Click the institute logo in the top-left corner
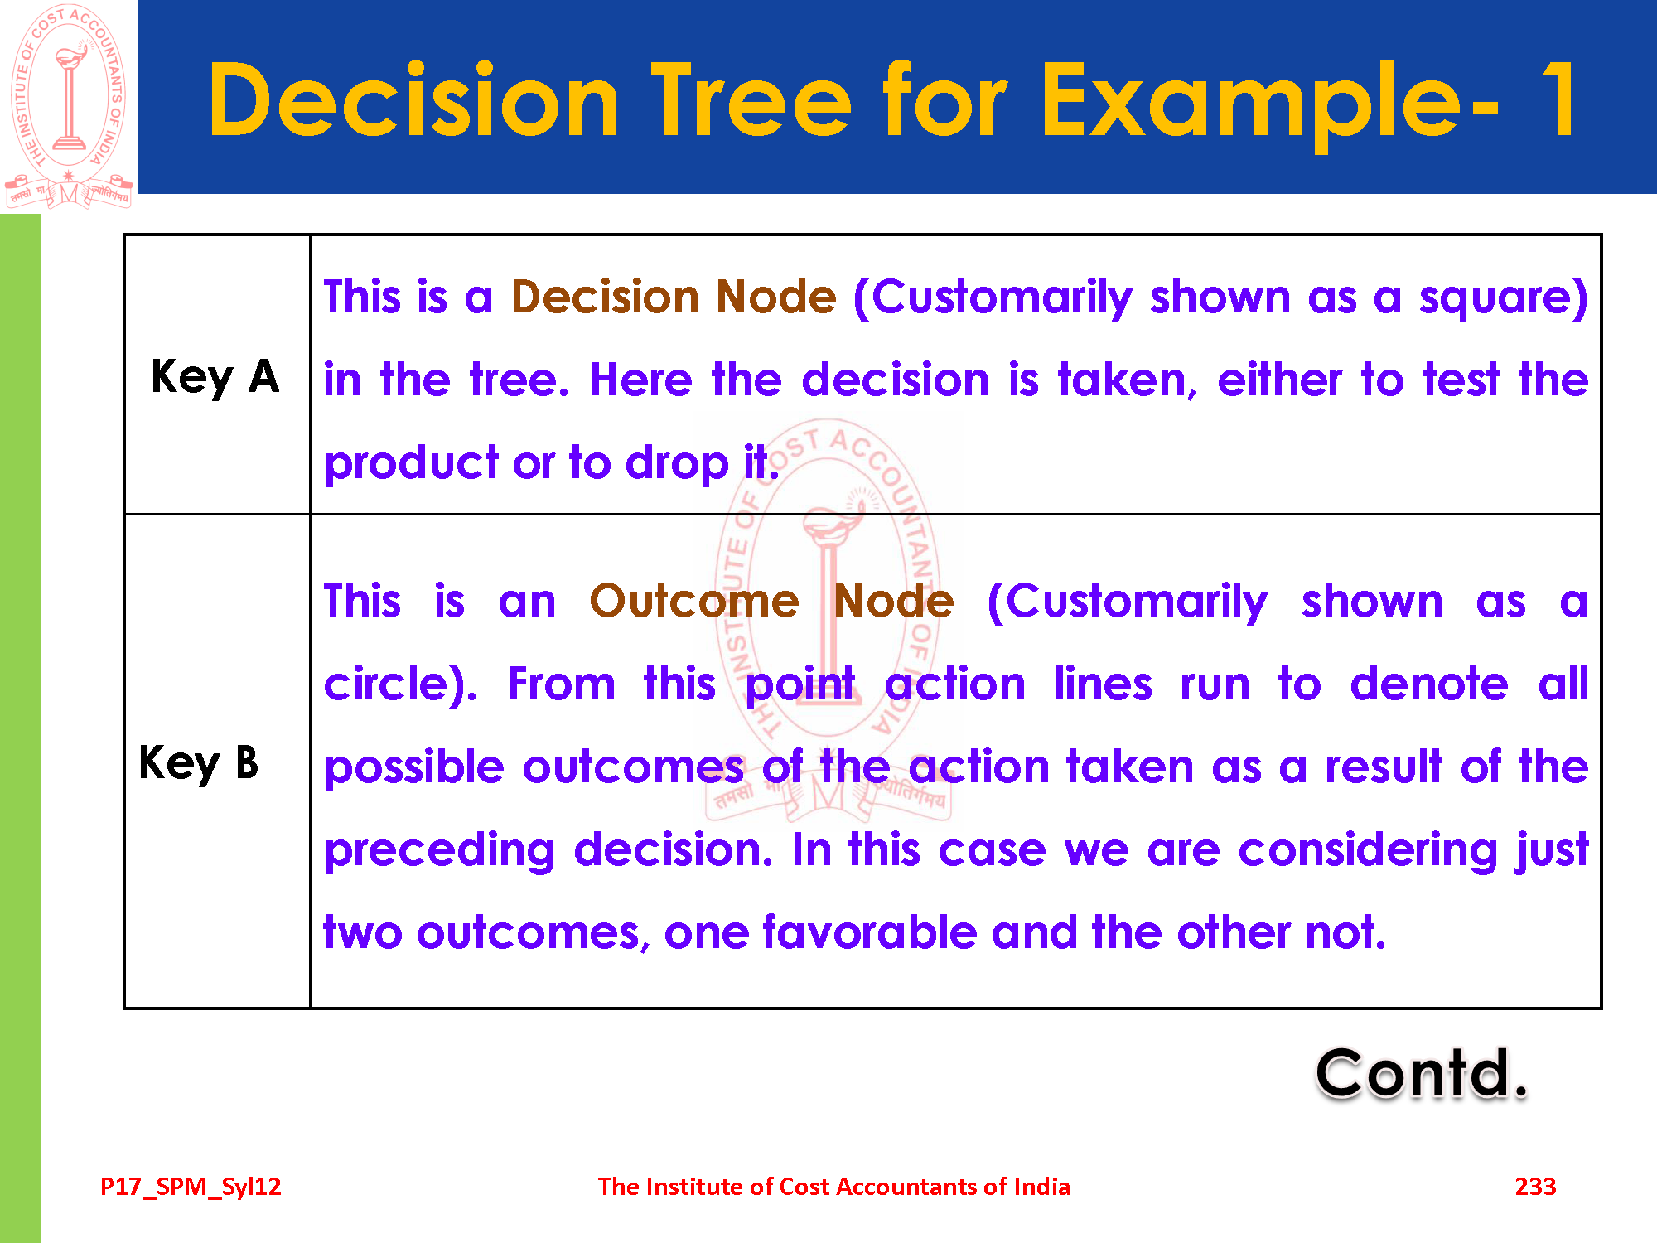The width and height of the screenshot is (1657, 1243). (69, 106)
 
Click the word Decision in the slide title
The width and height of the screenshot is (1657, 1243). (413, 101)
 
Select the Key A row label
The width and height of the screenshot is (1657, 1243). (215, 378)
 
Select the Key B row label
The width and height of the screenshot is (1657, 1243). (199, 763)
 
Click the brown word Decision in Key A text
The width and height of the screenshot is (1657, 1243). (602, 297)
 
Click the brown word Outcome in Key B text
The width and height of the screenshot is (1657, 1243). (694, 601)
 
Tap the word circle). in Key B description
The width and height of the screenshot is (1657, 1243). (400, 685)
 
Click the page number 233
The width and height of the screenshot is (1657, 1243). (1535, 1187)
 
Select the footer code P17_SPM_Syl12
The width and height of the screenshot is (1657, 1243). (191, 1187)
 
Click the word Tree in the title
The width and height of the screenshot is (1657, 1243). (752, 101)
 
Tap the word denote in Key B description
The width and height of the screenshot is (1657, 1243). (1429, 684)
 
